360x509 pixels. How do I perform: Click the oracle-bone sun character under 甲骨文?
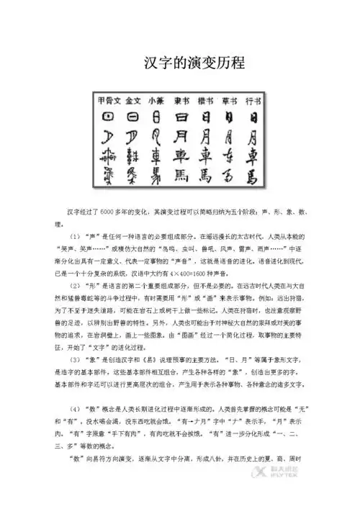tap(108, 116)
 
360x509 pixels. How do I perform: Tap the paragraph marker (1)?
tap(76, 234)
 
